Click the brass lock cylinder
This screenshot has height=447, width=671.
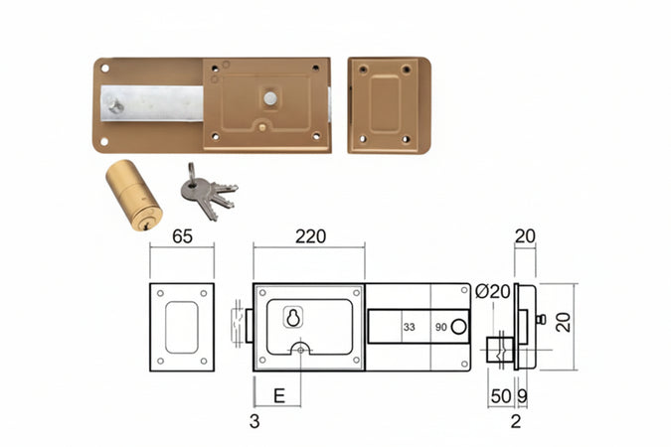(134, 195)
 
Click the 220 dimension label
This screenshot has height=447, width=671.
(311, 236)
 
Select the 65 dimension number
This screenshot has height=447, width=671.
(182, 236)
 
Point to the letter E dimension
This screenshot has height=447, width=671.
(279, 396)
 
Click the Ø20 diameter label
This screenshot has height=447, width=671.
(493, 292)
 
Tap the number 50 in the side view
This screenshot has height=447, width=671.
(501, 396)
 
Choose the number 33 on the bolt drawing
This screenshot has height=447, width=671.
(410, 327)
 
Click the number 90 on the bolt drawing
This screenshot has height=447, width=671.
(440, 327)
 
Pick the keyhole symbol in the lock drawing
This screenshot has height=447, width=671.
(293, 318)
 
